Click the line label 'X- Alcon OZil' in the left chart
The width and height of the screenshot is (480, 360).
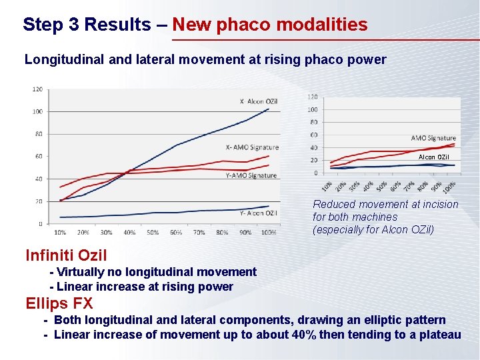[x=259, y=101]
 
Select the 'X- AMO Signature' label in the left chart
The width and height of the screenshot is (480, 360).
[x=252, y=147]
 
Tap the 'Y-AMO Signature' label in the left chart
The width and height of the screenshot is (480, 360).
[x=251, y=175]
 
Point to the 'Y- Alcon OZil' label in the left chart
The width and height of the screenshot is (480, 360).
[x=259, y=213]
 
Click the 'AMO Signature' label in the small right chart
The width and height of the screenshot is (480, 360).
[x=433, y=138]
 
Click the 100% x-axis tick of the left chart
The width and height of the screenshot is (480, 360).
[x=269, y=233]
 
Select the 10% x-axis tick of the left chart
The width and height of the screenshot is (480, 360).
[x=60, y=233]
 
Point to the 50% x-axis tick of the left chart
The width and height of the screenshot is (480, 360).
[x=153, y=233]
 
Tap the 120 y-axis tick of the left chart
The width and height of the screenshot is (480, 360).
[x=37, y=89]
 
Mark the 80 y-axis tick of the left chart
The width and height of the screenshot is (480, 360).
[x=39, y=134]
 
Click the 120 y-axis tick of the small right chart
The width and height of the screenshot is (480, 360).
[x=312, y=97]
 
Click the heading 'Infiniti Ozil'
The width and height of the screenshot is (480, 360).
[x=66, y=255]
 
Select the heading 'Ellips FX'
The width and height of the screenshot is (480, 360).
[x=59, y=303]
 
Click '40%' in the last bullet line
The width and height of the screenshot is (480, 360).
[x=305, y=334]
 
